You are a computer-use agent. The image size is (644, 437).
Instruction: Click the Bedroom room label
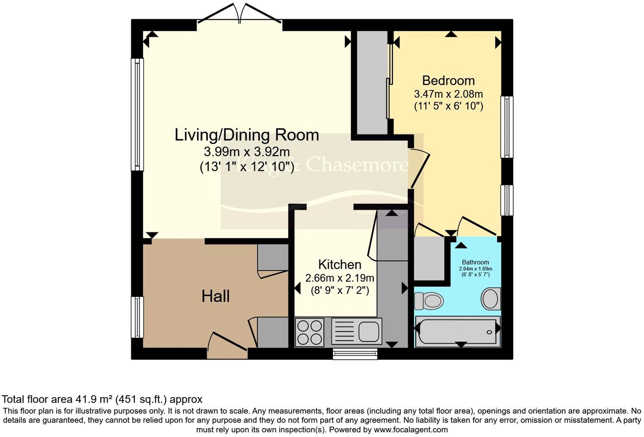point(448,80)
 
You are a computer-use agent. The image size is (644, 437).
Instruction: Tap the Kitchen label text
point(339,265)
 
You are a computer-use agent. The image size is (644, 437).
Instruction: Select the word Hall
point(216,296)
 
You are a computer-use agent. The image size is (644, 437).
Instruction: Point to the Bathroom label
point(475,262)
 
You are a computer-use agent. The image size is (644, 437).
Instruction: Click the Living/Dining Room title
point(247,135)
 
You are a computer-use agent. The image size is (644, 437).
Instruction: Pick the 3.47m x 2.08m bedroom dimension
point(448,94)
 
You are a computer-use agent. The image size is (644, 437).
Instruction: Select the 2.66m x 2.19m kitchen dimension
point(339,278)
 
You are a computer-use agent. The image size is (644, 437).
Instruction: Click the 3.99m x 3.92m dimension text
point(247,152)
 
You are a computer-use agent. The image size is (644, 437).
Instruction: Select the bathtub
point(458,329)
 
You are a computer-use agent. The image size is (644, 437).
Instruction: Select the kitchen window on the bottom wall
point(355,354)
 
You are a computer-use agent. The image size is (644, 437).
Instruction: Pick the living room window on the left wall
point(137,114)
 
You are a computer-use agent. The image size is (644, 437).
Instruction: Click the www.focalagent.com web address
point(410,429)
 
